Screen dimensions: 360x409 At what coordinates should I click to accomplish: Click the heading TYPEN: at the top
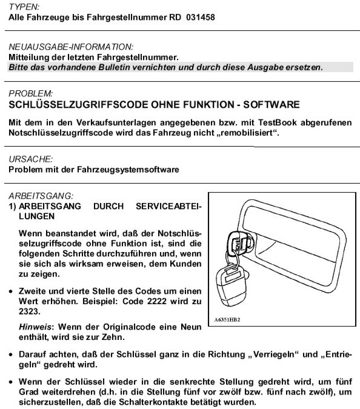click(22, 6)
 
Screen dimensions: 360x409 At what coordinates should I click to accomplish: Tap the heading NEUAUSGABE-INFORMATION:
click(71, 47)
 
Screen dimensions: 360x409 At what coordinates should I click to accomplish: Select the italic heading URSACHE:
click(31, 159)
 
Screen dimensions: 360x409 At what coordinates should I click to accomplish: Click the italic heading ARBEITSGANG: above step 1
click(41, 195)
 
